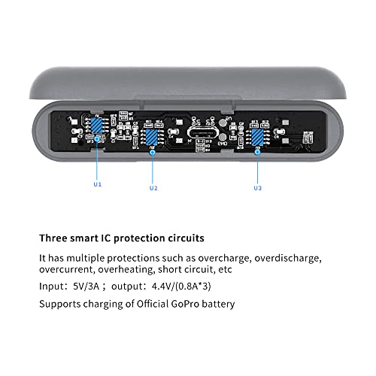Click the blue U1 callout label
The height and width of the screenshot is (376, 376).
(98, 184)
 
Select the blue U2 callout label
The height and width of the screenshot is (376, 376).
(153, 188)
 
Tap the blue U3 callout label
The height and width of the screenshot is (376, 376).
(258, 188)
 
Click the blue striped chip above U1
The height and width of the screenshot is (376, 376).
(96, 126)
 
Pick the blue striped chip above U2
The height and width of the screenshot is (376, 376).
(151, 137)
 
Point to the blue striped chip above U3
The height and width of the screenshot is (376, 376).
(257, 137)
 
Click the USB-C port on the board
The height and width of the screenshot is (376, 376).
(203, 132)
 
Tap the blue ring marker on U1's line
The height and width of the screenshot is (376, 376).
(97, 138)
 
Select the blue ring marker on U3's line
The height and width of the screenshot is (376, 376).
(257, 151)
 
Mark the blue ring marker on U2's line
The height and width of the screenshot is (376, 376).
(152, 152)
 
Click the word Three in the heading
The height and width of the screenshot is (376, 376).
(53, 238)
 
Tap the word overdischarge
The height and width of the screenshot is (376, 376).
(288, 258)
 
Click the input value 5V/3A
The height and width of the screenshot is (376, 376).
(86, 286)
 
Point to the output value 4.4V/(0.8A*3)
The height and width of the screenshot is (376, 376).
(181, 286)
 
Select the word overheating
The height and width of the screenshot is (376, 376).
(126, 270)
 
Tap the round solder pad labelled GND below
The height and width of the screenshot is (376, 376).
(223, 137)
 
